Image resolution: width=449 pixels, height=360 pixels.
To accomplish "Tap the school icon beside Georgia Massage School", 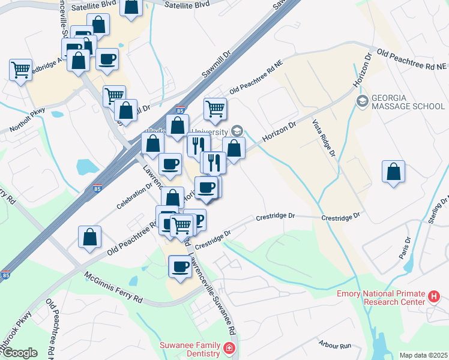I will pyautogui.click(x=362, y=101).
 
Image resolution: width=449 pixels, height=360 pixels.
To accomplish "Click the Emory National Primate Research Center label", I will pyautogui.click(x=381, y=298).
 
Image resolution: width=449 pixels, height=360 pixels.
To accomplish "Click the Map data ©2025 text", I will pyautogui.click(x=423, y=355).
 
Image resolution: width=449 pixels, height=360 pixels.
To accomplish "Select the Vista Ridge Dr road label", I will pyautogui.click(x=323, y=138).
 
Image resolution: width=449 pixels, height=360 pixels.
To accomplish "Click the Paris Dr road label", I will pyautogui.click(x=406, y=248).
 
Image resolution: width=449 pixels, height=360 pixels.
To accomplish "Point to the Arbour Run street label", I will pyautogui.click(x=336, y=345).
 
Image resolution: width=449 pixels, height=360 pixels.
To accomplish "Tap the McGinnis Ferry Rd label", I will pyautogui.click(x=113, y=287).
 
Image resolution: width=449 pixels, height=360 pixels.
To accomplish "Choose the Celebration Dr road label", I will pyautogui.click(x=136, y=196).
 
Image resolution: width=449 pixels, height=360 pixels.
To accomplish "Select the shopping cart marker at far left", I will pyautogui.click(x=20, y=70).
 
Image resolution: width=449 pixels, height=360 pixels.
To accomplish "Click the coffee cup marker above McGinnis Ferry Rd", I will pyautogui.click(x=180, y=266).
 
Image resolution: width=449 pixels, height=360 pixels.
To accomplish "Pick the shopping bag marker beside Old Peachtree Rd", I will pyautogui.click(x=89, y=237).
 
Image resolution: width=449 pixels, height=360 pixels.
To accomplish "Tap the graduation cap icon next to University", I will pyautogui.click(x=237, y=131).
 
